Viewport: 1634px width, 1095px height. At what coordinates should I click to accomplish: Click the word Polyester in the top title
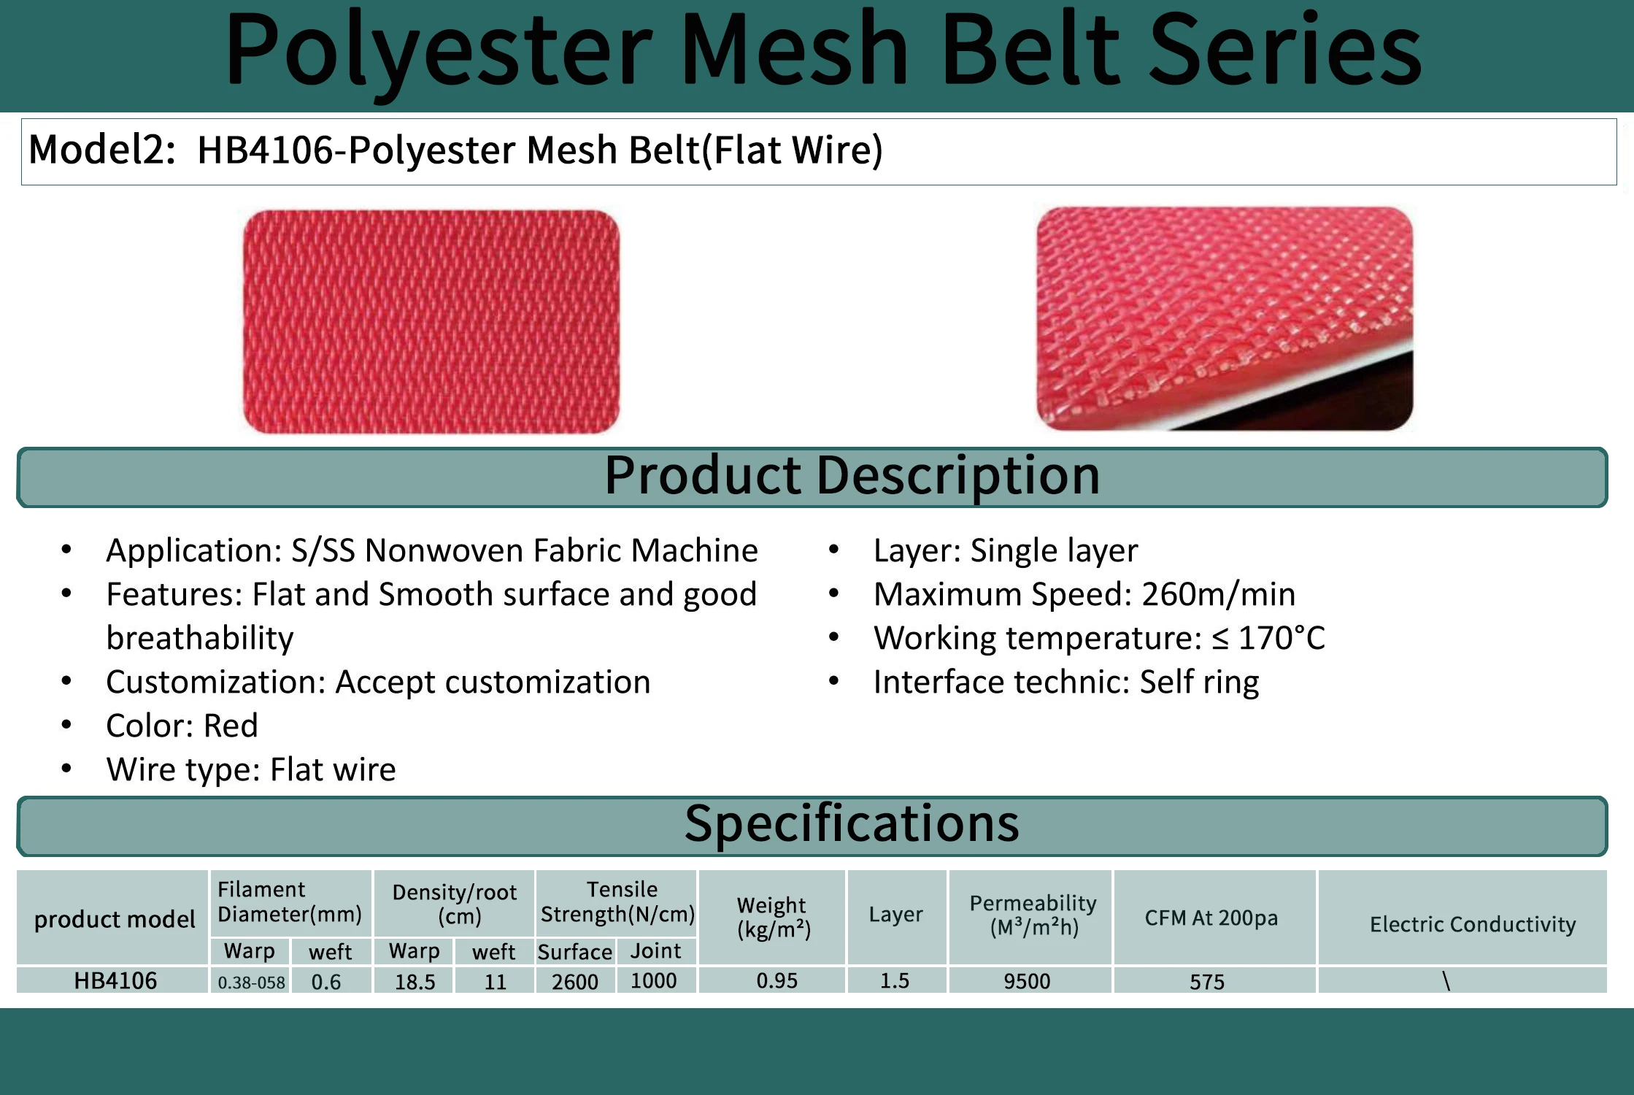[x=438, y=51]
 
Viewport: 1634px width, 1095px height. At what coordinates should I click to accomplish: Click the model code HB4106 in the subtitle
[x=264, y=150]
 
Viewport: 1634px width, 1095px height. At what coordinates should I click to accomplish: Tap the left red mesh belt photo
[x=431, y=321]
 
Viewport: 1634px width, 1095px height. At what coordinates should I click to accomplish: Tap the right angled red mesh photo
[x=1224, y=318]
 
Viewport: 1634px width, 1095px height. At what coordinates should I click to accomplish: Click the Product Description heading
[x=851, y=476]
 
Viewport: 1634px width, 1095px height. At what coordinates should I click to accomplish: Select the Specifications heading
[x=851, y=824]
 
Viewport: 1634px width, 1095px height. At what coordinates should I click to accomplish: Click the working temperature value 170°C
[x=1282, y=638]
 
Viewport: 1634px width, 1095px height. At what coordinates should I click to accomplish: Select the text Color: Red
[x=182, y=726]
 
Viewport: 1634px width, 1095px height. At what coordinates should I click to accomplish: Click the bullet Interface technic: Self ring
[x=1065, y=682]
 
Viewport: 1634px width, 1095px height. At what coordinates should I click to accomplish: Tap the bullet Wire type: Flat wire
[x=250, y=769]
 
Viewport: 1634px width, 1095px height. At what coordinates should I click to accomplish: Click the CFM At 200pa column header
[x=1211, y=918]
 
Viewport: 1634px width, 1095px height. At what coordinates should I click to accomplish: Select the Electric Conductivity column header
[x=1472, y=924]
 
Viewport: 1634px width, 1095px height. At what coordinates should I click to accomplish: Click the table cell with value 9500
[x=1027, y=981]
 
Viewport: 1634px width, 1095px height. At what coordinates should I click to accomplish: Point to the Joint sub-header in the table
[x=655, y=951]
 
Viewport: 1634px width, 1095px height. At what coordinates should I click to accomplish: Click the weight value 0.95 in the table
[x=776, y=980]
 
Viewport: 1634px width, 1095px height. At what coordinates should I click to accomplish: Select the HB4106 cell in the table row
[x=115, y=980]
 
